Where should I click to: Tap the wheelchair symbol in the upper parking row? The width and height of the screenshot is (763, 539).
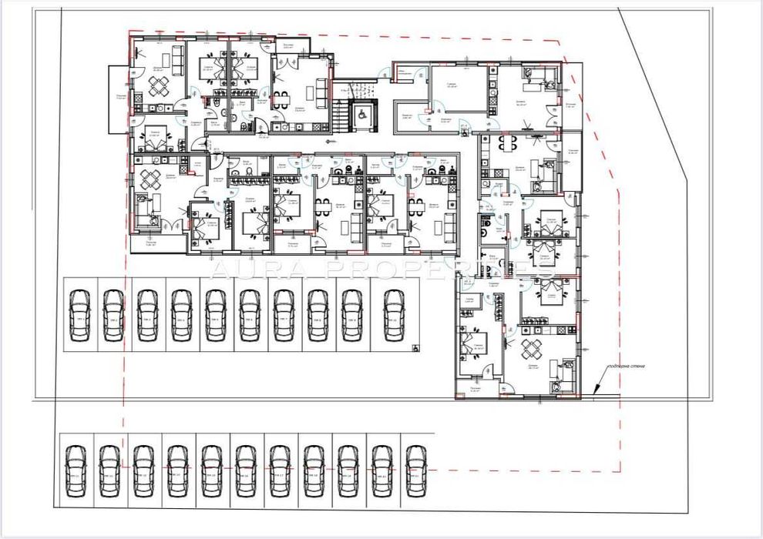(x=415, y=347)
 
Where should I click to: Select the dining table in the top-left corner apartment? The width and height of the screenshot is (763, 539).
(x=158, y=89)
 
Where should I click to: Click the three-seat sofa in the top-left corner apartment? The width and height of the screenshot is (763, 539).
(x=177, y=59)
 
